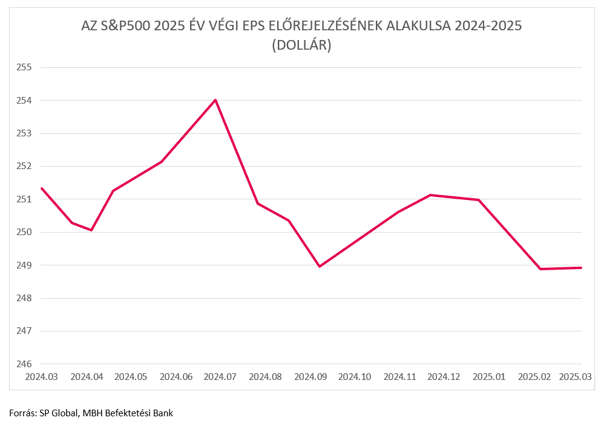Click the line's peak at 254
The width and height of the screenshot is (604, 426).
point(215,100)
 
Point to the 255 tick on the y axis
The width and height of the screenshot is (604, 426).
point(24,67)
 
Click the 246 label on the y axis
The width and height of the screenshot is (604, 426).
point(24,364)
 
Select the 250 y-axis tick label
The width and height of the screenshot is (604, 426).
point(24,232)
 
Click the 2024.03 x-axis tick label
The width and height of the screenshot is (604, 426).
point(42,377)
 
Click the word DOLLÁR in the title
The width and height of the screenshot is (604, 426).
point(301,45)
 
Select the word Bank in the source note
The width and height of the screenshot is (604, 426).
point(163,413)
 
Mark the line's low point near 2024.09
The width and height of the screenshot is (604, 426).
point(320,267)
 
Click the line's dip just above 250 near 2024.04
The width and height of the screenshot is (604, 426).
point(91,230)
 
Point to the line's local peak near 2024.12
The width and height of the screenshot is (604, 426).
point(430,195)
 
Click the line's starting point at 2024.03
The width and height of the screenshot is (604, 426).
point(42,188)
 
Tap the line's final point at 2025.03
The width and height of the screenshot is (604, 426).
point(581,268)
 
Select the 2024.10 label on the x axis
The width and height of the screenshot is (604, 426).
point(355,377)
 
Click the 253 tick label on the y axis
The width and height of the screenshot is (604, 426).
point(24,133)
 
